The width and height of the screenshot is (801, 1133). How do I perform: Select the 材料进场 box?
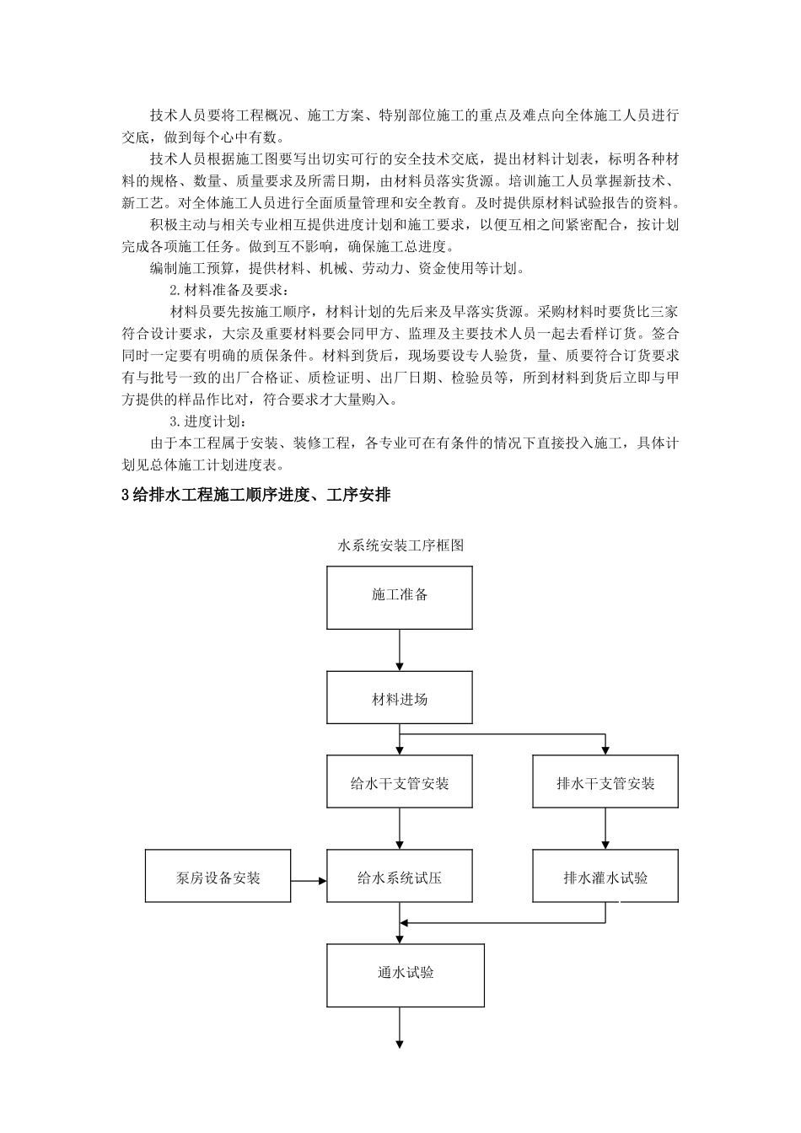pos(400,700)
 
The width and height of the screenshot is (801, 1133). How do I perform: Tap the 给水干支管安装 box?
pos(400,783)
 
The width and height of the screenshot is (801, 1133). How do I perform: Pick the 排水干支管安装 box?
pos(605,783)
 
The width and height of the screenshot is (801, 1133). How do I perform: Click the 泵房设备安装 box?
pos(218,878)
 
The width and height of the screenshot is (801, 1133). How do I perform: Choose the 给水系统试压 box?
pos(400,878)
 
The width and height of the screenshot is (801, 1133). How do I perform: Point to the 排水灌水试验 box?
pos(605,878)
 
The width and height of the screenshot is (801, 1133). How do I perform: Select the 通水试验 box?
pos(406,974)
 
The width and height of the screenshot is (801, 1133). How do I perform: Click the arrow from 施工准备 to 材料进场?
pos(400,650)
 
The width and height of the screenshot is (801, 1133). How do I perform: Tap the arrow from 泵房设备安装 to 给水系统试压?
pos(309,881)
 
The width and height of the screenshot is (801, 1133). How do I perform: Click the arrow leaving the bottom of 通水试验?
pos(400,1028)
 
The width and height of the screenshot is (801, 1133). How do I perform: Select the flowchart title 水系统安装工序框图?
pos(400,545)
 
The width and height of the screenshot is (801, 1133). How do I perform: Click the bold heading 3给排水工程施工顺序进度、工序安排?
pos(256,496)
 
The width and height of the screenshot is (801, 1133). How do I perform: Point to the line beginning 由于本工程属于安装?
pos(413,443)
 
